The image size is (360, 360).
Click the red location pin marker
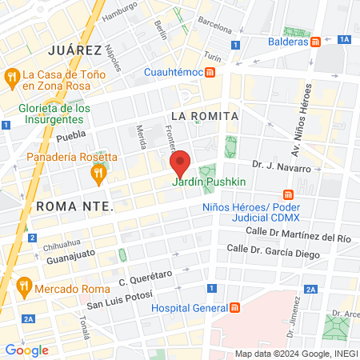pyautogui.click(x=181, y=163)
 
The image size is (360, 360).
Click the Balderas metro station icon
pyautogui.click(x=316, y=42)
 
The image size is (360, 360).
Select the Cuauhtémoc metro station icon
pyautogui.click(x=210, y=72)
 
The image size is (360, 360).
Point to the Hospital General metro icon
pyautogui.click(x=234, y=308)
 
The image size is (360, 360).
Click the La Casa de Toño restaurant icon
pyautogui.click(x=11, y=77)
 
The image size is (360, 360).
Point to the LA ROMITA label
pyautogui.click(x=205, y=116)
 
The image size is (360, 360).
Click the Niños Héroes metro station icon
pyautogui.click(x=289, y=195)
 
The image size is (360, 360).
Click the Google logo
pyautogui.click(x=26, y=350)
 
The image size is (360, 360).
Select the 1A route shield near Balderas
pyautogui.click(x=345, y=38)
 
